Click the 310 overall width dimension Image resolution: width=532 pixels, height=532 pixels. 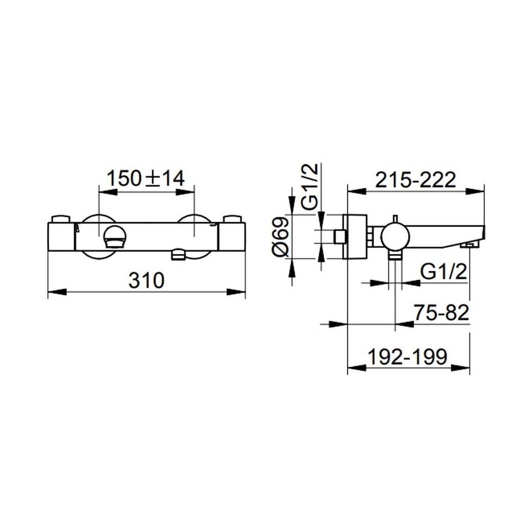click(x=147, y=280)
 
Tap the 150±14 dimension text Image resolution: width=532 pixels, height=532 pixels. click(x=145, y=178)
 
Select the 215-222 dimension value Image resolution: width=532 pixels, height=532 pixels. click(x=415, y=180)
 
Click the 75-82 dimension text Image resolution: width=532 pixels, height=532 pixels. click(x=442, y=313)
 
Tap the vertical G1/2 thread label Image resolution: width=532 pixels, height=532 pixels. click(x=309, y=187)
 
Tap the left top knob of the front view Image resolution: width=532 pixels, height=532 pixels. click(x=60, y=219)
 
